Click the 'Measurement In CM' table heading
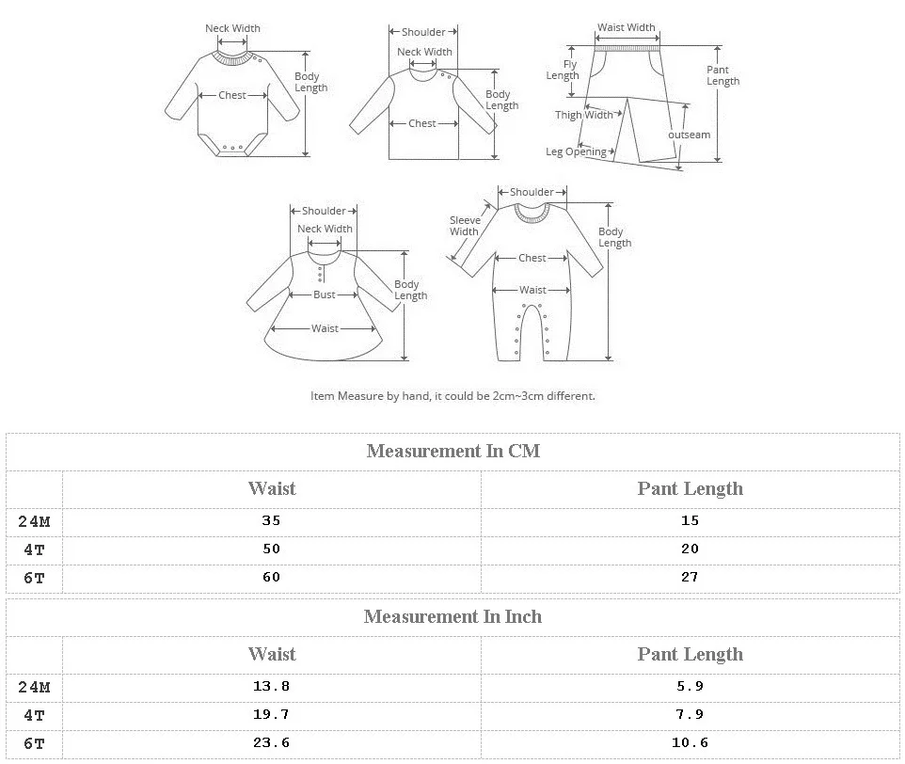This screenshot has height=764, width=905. [453, 451]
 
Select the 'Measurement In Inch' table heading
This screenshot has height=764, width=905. [452, 616]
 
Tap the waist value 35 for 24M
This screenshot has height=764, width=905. [271, 520]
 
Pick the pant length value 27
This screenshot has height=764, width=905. [690, 577]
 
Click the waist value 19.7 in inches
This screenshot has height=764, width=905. [271, 714]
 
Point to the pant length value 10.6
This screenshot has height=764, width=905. [690, 742]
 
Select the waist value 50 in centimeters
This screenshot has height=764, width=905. [271, 549]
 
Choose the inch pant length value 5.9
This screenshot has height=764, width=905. [690, 686]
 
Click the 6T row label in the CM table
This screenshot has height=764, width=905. [34, 578]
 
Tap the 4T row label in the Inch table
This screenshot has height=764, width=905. [34, 715]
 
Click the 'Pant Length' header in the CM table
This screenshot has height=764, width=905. [690, 488]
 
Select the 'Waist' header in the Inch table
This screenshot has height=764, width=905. [272, 654]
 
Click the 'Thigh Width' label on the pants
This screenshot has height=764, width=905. [583, 115]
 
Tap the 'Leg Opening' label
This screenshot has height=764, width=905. [576, 151]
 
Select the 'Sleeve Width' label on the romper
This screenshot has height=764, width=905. [464, 226]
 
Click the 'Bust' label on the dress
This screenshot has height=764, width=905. [325, 294]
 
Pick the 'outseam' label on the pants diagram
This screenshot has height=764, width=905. [689, 135]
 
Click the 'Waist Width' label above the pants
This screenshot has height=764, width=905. [627, 27]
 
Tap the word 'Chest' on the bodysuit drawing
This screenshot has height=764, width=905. [232, 95]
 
